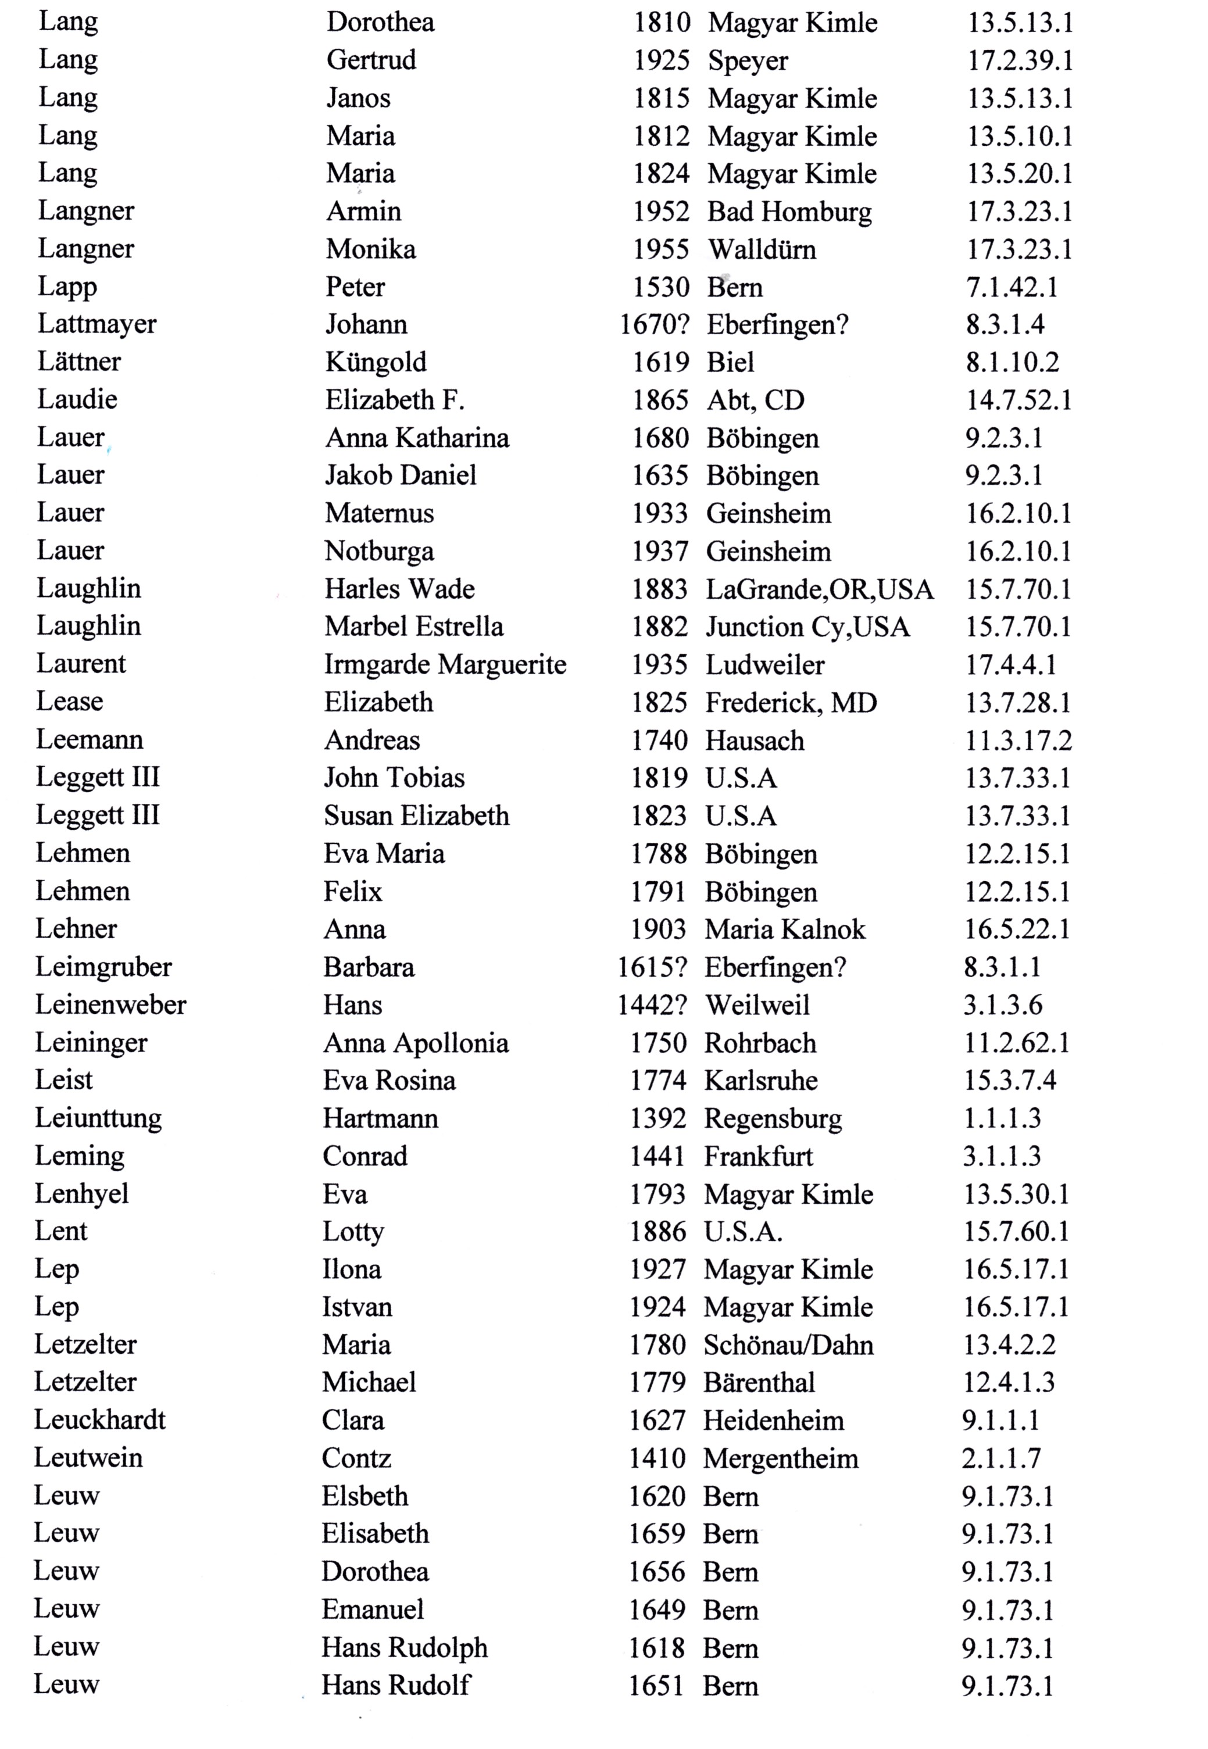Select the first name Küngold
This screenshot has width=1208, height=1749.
[376, 363]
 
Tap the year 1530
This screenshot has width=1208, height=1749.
[661, 288]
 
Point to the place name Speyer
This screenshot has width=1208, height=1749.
[747, 61]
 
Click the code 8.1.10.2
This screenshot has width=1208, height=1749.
[1012, 363]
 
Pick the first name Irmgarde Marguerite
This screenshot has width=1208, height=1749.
[445, 664]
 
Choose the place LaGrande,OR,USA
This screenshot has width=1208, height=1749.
[819, 589]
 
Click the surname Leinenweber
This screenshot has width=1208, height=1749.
[110, 1004]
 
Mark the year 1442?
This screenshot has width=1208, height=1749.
[652, 1005]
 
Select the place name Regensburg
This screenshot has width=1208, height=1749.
[773, 1118]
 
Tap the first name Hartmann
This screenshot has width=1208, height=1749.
[380, 1118]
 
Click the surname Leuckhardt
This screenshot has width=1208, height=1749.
[100, 1420]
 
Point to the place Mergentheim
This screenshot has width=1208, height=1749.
[780, 1458]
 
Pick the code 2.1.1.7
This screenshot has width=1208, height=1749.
[1000, 1458]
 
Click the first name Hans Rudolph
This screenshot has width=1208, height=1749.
[404, 1648]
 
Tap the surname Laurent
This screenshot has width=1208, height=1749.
[81, 664]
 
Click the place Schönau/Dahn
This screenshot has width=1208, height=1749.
[788, 1345]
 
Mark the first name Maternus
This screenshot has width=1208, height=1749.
[379, 513]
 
